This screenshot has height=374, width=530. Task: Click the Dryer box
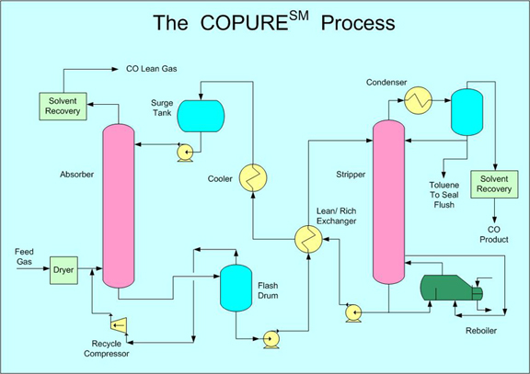coord(63,270)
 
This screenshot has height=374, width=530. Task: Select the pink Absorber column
coord(119,206)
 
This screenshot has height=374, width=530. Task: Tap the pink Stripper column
coord(388,202)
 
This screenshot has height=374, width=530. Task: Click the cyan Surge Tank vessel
coord(202,116)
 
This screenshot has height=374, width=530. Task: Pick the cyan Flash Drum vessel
coord(236,288)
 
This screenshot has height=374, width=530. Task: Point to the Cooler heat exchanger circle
coord(253,178)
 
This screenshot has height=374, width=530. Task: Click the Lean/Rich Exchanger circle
coord(308,239)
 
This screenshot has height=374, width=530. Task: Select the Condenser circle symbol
coord(419,100)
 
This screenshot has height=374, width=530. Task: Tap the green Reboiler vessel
coord(451,288)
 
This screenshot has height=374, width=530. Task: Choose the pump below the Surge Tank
coord(185,153)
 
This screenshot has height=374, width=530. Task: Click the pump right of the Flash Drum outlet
coord(271,339)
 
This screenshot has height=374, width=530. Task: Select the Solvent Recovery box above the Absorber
coord(63,107)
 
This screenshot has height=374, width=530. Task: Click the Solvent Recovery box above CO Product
coord(494,185)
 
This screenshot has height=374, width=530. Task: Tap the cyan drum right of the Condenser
coord(467,112)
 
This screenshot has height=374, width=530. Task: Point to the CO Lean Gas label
coord(152,69)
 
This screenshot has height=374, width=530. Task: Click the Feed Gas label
coord(24,256)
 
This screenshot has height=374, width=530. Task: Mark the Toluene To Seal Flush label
coord(444,195)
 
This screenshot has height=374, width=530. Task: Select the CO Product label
coord(494,234)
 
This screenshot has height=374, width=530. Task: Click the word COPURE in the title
coord(244,23)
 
